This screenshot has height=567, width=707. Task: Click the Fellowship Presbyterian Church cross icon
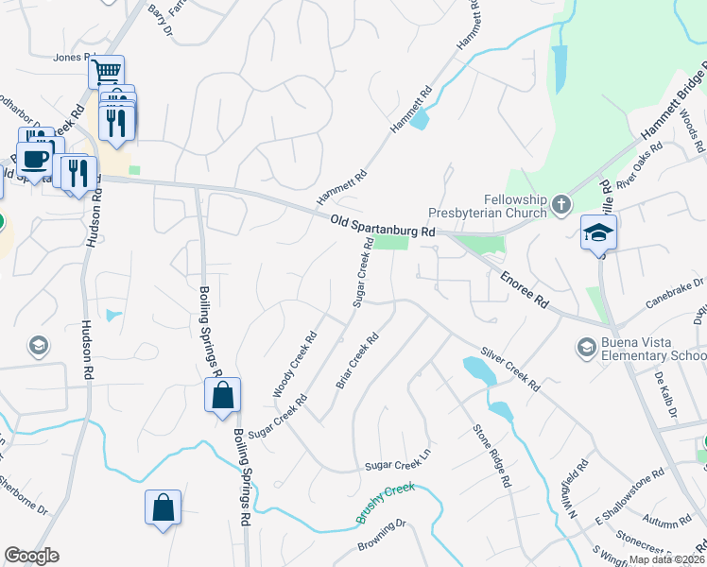click(x=561, y=204)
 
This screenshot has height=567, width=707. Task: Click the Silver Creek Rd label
click(x=509, y=369)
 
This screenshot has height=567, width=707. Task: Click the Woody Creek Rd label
click(x=295, y=364)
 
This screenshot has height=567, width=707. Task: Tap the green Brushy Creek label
click(x=385, y=502)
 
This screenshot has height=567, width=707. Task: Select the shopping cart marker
click(x=107, y=70)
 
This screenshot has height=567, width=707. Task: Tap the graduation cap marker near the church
click(x=598, y=232)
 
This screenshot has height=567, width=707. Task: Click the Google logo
click(x=31, y=556)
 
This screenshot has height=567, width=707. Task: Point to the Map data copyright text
click(x=665, y=559)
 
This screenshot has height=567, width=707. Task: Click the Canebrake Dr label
click(x=675, y=288)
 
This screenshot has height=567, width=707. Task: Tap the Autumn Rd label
click(x=666, y=521)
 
